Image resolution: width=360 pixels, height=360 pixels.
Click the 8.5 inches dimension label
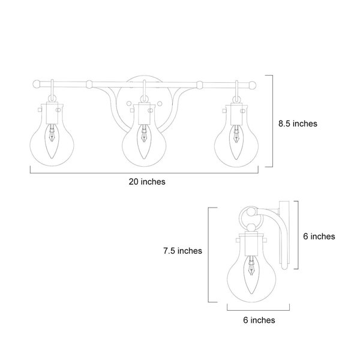(298, 124)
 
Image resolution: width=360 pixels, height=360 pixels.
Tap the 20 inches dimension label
(147, 182)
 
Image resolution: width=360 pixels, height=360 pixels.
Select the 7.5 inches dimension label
(183, 251)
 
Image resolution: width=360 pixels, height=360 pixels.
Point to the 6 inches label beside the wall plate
(319, 236)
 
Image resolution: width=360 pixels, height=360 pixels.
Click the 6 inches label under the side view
(259, 320)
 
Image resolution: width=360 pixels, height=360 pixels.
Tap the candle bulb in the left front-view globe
(52, 141)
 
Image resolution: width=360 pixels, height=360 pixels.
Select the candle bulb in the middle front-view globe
(144, 142)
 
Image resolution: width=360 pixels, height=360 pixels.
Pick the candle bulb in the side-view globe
(251, 276)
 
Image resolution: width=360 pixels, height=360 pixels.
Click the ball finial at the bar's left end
(37, 84)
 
